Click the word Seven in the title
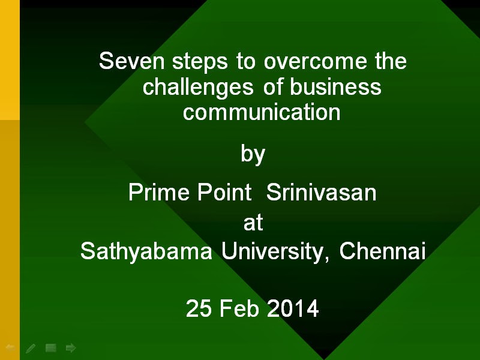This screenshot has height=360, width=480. [x=132, y=61]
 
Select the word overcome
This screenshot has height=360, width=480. [x=316, y=61]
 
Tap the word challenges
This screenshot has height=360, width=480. [x=198, y=87]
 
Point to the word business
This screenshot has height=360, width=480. [x=335, y=86]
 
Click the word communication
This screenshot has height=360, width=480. [x=262, y=112]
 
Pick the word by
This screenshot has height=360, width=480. [x=253, y=154]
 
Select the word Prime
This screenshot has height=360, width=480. [x=159, y=192]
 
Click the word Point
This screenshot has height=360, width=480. [x=224, y=192]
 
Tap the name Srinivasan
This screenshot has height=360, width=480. [x=322, y=192]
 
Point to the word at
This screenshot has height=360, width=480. [x=253, y=223]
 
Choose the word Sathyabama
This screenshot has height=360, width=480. [x=146, y=251]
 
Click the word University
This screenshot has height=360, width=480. [x=275, y=251]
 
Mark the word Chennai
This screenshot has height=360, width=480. [x=382, y=251]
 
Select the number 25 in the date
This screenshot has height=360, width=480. [x=199, y=308]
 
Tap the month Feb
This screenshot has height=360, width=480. [x=239, y=308]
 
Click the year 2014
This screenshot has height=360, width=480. [x=293, y=308]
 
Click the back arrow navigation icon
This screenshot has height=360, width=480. [x=10, y=347]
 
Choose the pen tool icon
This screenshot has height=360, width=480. [x=31, y=348]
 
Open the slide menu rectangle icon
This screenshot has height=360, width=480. [x=51, y=348]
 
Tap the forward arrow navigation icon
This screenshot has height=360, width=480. [x=71, y=348]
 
